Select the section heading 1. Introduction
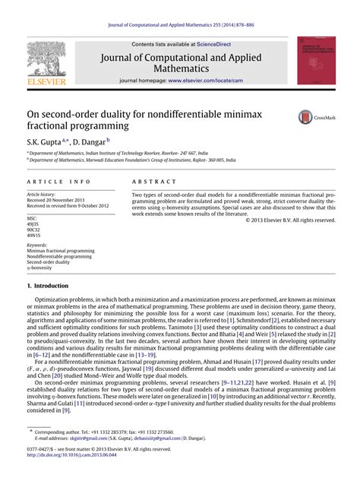[47, 286]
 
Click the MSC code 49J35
[33, 224]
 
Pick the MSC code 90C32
[33, 230]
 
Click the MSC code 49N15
[33, 235]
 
